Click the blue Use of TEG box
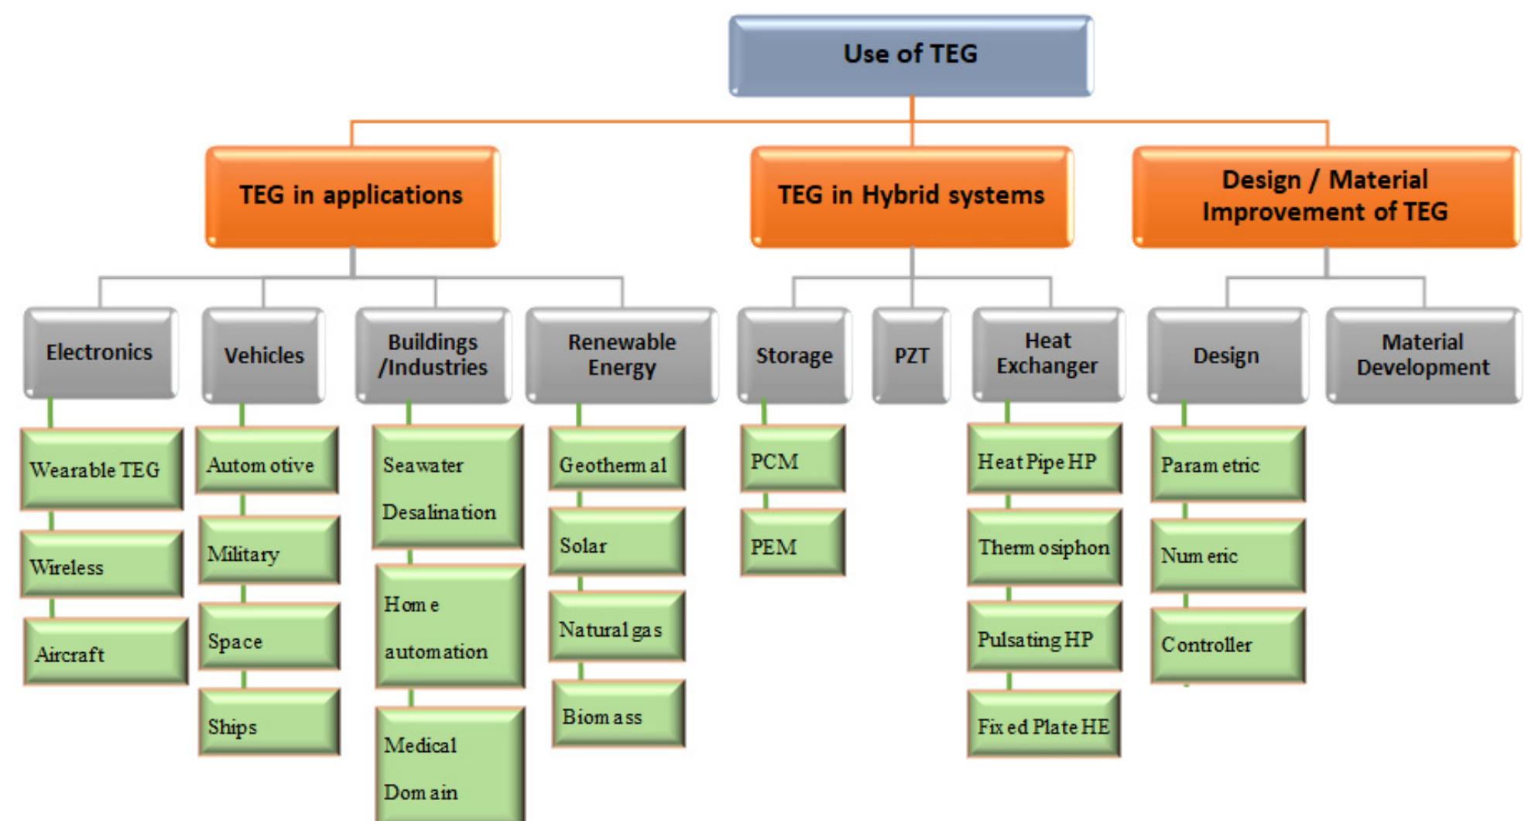tap(910, 55)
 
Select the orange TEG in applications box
tap(352, 196)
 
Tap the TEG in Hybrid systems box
tap(911, 196)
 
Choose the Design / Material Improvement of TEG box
tap(1325, 196)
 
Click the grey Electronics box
tap(100, 352)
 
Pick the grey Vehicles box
tap(263, 356)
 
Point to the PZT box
tap(911, 356)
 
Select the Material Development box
tap(1423, 356)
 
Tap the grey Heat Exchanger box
tap(1047, 354)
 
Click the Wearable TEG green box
tap(101, 469)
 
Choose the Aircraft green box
tap(105, 652)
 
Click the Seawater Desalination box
tap(447, 487)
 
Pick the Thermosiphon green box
tap(1043, 547)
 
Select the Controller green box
tap(1228, 644)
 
